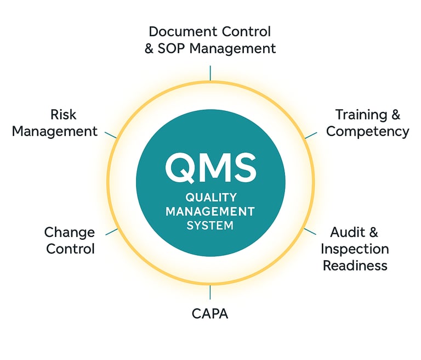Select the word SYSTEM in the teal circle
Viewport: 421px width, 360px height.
210,225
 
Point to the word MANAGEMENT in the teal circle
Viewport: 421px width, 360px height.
210,211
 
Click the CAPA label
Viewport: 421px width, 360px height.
210,314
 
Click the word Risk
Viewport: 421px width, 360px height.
63,115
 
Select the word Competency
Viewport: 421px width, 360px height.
368,131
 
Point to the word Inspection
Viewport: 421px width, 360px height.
355,249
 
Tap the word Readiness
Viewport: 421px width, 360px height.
355,266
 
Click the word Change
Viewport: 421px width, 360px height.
70,232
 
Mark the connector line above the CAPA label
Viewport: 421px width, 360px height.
210,292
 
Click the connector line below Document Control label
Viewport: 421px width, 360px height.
210,72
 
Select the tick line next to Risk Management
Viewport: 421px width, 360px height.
110,134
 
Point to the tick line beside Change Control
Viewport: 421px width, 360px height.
111,232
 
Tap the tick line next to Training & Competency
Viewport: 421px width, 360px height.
311,134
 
